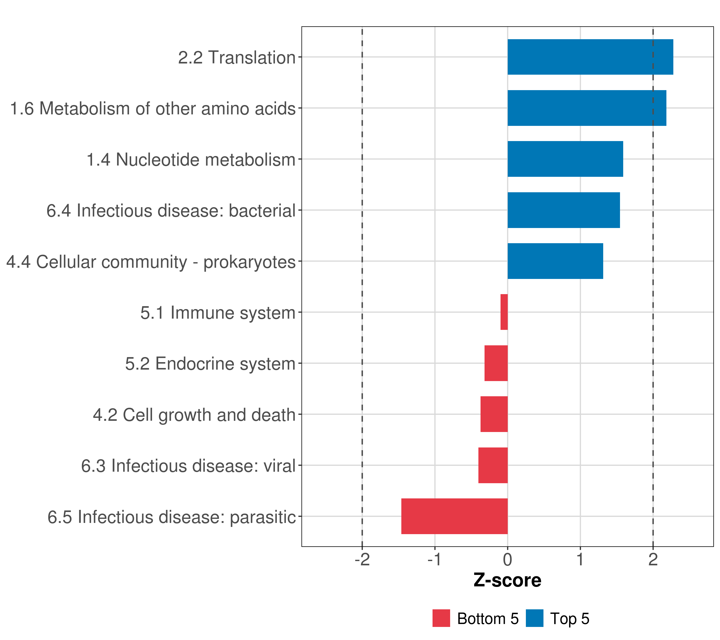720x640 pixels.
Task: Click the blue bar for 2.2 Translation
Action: click(x=590, y=57)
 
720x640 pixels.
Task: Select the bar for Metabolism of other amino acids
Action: click(x=587, y=108)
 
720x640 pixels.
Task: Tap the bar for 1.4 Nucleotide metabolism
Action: click(x=565, y=159)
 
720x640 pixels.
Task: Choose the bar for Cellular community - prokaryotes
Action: click(x=555, y=261)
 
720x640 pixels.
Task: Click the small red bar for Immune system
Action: click(x=504, y=312)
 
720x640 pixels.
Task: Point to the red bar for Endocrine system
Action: click(x=496, y=363)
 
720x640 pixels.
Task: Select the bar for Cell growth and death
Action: click(x=494, y=414)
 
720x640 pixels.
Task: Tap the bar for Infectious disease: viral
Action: click(x=493, y=465)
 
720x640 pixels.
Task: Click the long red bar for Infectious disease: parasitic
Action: click(x=454, y=516)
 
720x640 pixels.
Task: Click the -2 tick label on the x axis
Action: click(x=362, y=560)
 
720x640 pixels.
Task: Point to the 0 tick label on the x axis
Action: click(x=507, y=560)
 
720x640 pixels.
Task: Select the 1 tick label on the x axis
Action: click(x=580, y=560)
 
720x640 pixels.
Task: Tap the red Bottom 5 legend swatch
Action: click(x=441, y=618)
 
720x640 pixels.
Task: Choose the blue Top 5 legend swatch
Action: click(x=535, y=618)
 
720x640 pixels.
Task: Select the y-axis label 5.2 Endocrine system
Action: click(x=210, y=364)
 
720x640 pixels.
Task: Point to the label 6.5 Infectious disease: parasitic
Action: click(x=171, y=517)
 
